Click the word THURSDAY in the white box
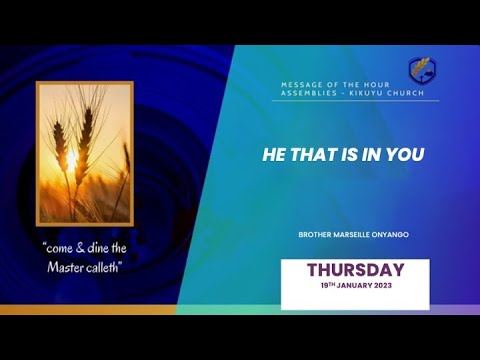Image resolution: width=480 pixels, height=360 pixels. [355, 270]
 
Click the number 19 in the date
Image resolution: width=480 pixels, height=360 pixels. [325, 286]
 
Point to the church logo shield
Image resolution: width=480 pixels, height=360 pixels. [421, 70]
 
